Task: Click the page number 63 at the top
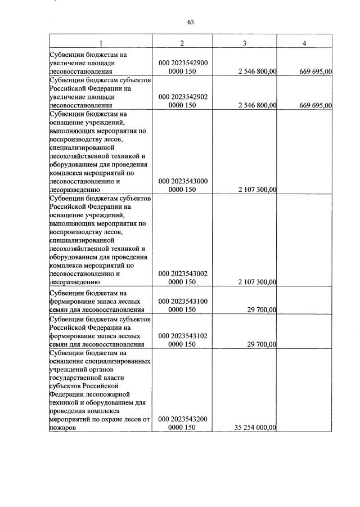point(191,22)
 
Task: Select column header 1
point(101,44)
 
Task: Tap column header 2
point(183,44)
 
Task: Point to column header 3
point(244,44)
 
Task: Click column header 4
point(304,44)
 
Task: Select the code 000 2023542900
point(183,64)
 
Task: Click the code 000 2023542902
point(183,97)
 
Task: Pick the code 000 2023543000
point(183,181)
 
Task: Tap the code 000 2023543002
point(183,273)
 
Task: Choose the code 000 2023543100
point(183,302)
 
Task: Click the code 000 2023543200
point(183,419)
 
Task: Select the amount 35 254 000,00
point(255,428)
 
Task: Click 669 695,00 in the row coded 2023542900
point(315,71)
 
